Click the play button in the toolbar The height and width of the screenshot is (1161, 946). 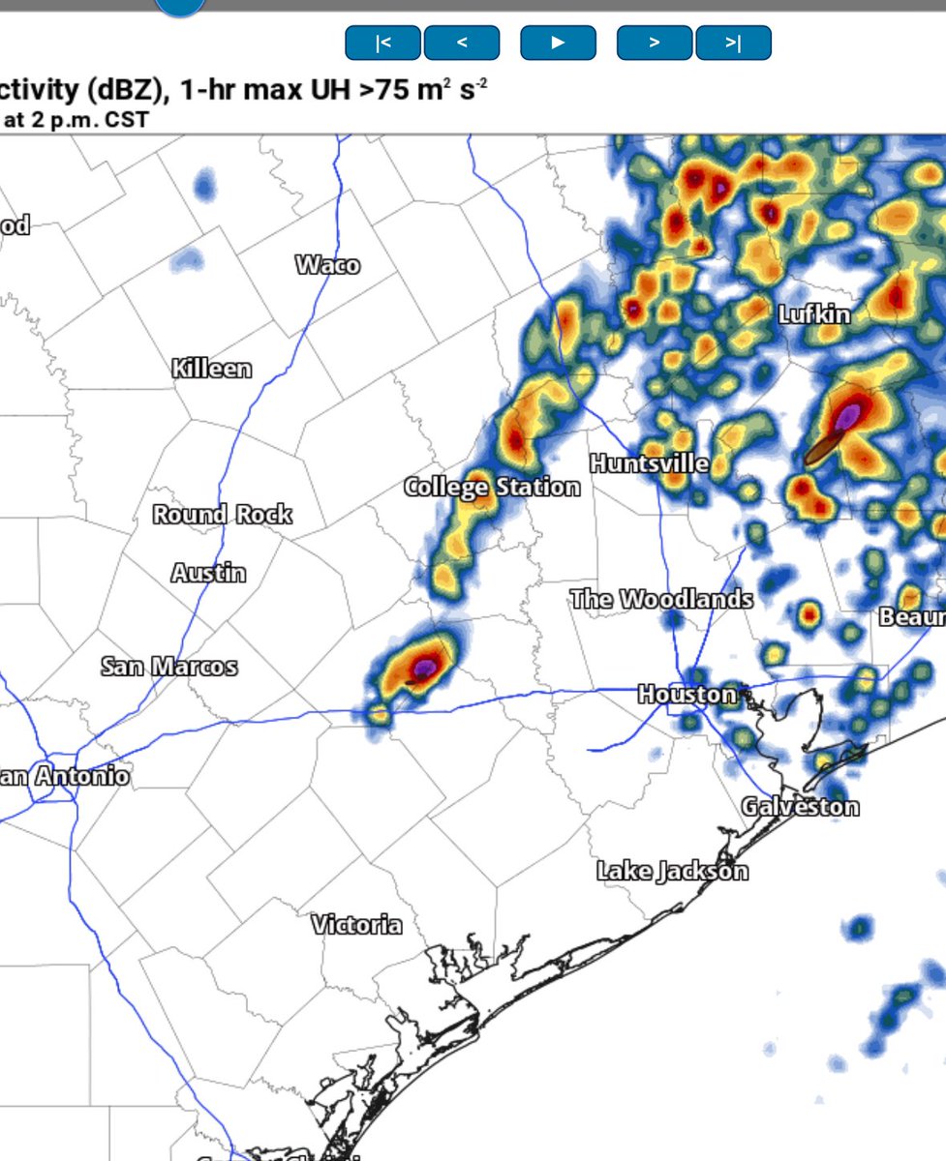coord(558,43)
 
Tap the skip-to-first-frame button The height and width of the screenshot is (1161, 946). coord(383,43)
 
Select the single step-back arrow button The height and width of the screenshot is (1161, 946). coord(462,43)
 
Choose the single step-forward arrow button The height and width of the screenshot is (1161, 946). coord(655,43)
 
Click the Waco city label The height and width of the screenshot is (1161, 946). coord(327,264)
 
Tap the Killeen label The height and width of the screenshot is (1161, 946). coord(211,369)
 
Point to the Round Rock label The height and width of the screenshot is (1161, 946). coord(222,514)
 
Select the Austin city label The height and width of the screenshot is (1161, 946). coord(208,573)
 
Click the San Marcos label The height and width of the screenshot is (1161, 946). coord(168,667)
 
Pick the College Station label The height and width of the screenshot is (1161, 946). coord(492,487)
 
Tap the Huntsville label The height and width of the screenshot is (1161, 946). coord(649,463)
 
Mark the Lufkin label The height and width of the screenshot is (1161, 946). coord(814,313)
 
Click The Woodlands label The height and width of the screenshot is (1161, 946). coord(661,599)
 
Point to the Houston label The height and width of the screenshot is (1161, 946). coord(687,694)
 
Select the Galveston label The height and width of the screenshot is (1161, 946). coord(800,806)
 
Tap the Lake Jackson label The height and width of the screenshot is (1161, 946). coord(672,871)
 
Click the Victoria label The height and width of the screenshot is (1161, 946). coord(356,924)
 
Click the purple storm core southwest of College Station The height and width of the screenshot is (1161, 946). coord(424,667)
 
